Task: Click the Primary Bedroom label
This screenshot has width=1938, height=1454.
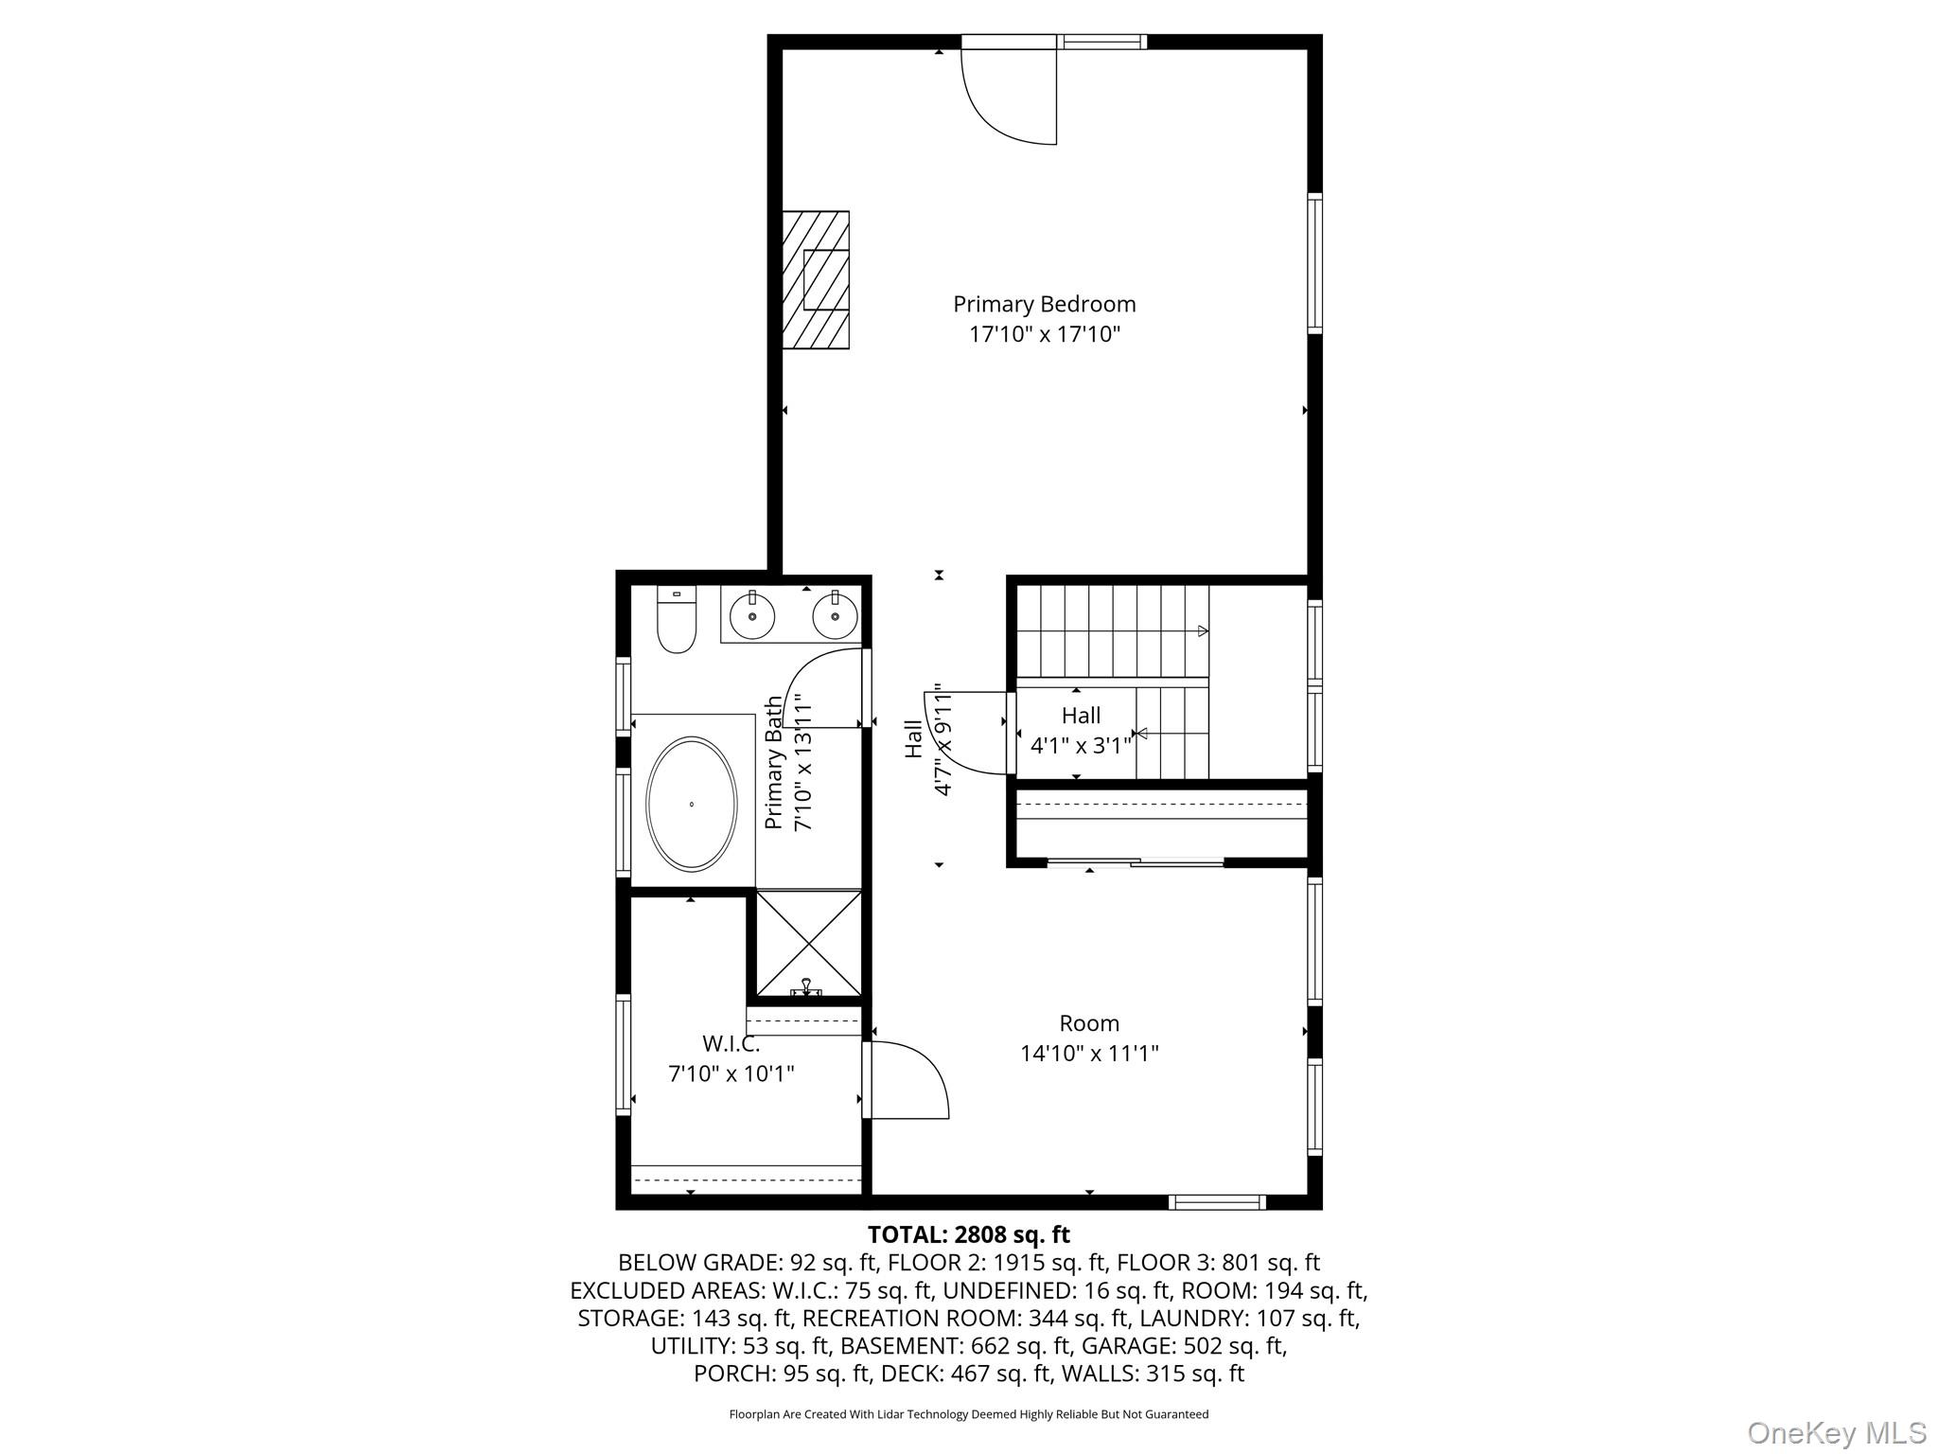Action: click(x=1044, y=305)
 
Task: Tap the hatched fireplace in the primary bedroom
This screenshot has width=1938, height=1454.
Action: click(x=815, y=280)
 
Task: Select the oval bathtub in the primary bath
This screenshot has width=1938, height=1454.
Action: click(x=692, y=804)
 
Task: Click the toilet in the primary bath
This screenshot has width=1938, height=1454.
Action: click(x=677, y=622)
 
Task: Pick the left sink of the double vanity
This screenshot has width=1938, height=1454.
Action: click(x=752, y=618)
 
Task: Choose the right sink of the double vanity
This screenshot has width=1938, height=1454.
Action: click(x=836, y=618)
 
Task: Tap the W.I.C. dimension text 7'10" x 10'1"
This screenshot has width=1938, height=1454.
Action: click(x=731, y=1073)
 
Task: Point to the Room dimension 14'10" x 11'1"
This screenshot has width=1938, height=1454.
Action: click(x=1089, y=1053)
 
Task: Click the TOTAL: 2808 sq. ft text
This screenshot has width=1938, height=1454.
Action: click(x=968, y=1234)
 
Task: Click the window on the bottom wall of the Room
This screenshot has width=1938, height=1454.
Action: click(x=1217, y=1202)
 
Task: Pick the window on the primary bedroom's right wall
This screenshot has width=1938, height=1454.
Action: click(x=1314, y=262)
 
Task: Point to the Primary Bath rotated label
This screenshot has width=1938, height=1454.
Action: click(x=775, y=763)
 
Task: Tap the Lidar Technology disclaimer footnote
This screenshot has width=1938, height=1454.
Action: click(x=968, y=1414)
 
